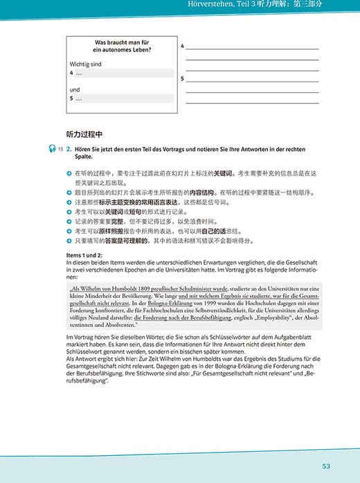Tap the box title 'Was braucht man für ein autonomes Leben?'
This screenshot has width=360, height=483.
(123, 46)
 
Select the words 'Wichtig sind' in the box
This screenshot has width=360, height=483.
(84, 63)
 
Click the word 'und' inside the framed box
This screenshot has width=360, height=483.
(74, 89)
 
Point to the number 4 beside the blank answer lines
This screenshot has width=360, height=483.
(181, 46)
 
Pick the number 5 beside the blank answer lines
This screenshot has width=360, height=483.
(181, 80)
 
